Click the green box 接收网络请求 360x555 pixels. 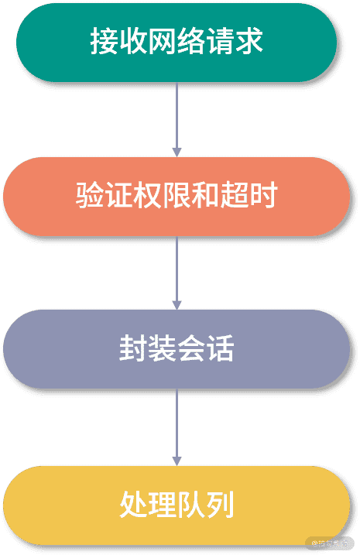tap(177, 42)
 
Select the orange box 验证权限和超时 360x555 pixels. tap(177, 196)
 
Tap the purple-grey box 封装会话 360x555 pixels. tap(177, 349)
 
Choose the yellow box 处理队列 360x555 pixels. tap(177, 504)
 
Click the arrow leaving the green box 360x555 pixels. tap(177, 116)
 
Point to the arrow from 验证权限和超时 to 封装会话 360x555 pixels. tap(177, 271)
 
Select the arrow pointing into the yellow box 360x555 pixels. tap(177, 425)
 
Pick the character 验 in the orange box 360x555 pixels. tap(89, 196)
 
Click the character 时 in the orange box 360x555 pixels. tap(264, 196)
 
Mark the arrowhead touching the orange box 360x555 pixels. tap(177, 152)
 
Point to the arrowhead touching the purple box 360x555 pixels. tap(177, 305)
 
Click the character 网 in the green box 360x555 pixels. tap(162, 42)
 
